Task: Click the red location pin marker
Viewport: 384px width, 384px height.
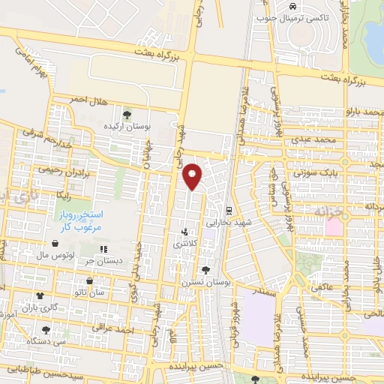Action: pyautogui.click(x=193, y=175)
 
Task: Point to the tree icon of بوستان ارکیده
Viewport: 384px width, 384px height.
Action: pyautogui.click(x=127, y=115)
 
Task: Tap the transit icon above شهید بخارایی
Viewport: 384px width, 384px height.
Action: pyautogui.click(x=229, y=210)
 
